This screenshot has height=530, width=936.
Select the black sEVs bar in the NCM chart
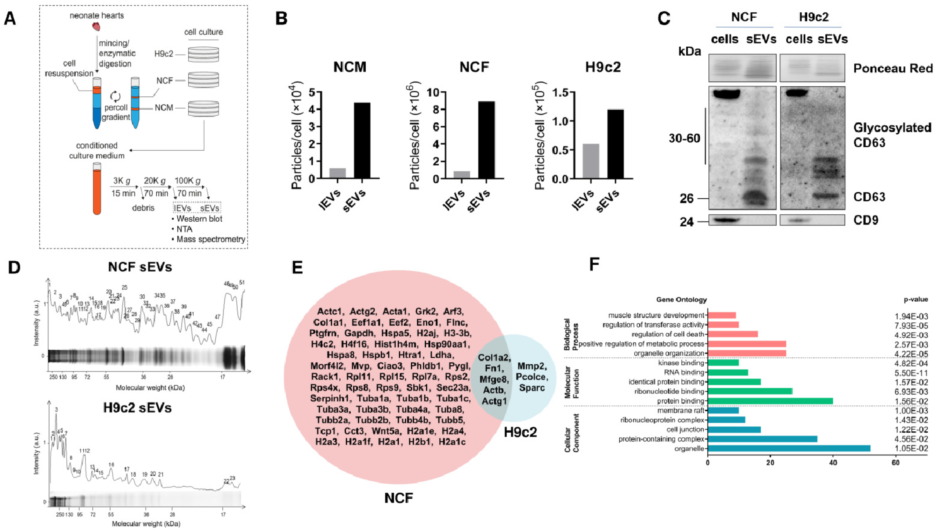click(x=362, y=140)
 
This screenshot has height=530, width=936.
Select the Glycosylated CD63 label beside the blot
click(x=892, y=135)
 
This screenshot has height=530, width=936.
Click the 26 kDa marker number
click(x=686, y=198)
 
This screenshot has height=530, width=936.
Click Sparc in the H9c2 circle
click(x=532, y=387)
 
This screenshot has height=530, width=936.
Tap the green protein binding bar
click(x=770, y=401)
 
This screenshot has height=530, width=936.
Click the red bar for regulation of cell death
click(x=733, y=334)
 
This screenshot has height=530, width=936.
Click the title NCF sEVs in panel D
click(x=140, y=268)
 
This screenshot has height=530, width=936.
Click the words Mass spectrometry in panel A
click(x=211, y=239)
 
